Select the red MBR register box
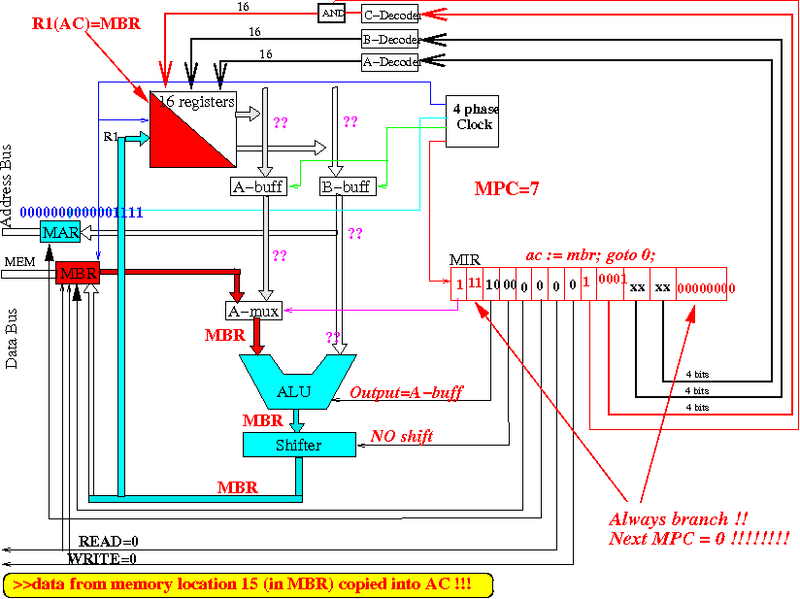click(78, 274)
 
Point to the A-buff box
click(258, 185)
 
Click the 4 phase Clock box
click(472, 121)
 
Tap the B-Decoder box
click(389, 40)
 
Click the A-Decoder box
click(389, 62)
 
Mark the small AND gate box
click(330, 14)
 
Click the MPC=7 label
click(507, 188)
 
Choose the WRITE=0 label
click(102, 558)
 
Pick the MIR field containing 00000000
click(706, 288)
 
